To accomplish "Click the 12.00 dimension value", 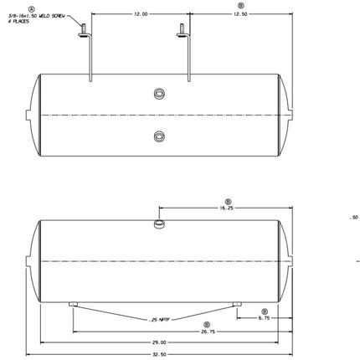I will pos(140,14).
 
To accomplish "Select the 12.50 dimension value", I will pos(240,14).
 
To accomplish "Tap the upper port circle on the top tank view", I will pos(159,94).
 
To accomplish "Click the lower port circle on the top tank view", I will pos(159,136).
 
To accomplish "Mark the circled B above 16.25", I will pos(229,200).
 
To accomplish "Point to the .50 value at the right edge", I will pos(352,218).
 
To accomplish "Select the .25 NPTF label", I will pos(161,320).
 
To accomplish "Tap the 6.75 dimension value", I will pos(265,318).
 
